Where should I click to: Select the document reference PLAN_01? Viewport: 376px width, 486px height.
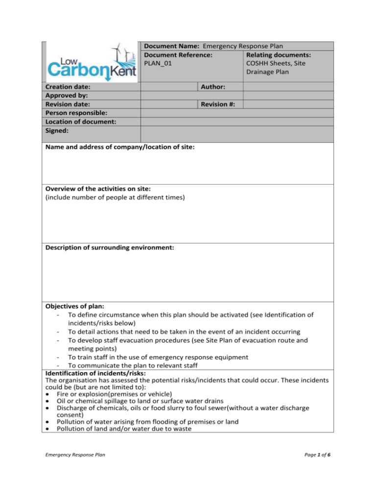157,63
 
